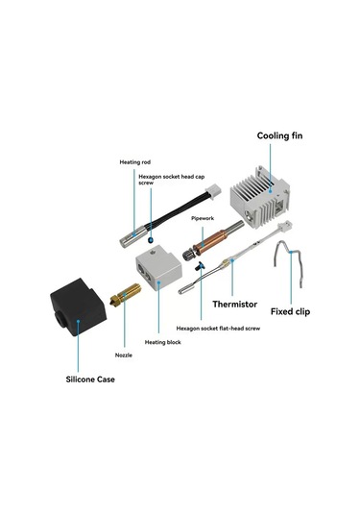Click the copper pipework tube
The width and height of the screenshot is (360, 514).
(205, 238)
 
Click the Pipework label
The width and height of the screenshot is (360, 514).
(203, 218)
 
